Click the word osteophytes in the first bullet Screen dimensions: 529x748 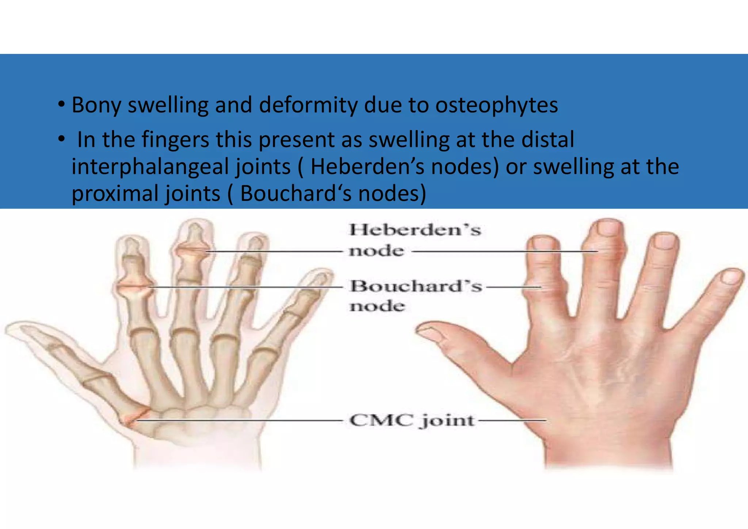496,106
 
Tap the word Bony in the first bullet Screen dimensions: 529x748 96,106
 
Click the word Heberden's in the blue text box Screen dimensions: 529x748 367,167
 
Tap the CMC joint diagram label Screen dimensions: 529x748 412,420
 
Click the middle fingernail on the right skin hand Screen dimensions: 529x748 608,228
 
